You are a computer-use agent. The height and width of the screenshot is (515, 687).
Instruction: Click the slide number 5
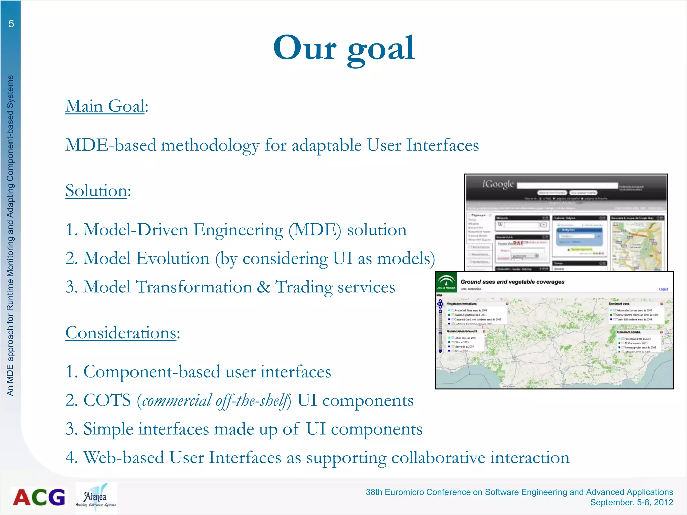(11, 24)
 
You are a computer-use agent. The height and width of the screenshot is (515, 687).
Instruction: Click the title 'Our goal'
(344, 48)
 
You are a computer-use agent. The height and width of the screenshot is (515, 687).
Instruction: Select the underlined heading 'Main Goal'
(105, 106)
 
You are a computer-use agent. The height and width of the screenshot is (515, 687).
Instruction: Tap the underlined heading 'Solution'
(96, 191)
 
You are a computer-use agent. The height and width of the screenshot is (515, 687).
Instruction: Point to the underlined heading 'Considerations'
(121, 333)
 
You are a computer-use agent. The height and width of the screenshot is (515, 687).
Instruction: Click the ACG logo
(39, 497)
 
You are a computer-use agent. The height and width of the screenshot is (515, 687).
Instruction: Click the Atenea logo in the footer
(96, 498)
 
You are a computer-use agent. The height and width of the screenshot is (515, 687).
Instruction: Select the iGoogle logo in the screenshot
(498, 184)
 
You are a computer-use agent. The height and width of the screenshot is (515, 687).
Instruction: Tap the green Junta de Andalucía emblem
(446, 282)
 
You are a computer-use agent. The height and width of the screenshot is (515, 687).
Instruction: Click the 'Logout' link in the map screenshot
(663, 289)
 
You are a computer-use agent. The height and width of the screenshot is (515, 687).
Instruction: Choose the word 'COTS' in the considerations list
(107, 400)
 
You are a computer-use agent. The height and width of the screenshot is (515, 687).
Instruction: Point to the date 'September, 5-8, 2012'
(631, 502)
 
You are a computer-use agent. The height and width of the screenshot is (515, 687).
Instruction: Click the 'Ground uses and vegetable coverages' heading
(512, 282)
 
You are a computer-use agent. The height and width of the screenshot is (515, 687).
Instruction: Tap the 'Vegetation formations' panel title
(462, 304)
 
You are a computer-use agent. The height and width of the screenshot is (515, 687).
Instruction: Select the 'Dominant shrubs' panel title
(629, 332)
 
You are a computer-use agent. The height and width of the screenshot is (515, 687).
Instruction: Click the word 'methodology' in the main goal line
(210, 146)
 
